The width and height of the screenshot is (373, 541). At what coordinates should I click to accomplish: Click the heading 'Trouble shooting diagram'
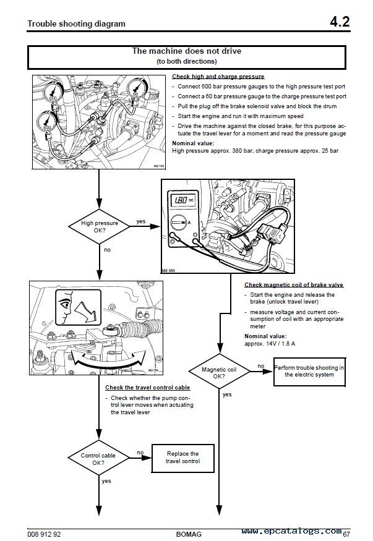tap(77, 24)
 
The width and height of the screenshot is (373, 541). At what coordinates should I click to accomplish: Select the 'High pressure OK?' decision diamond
tap(100, 227)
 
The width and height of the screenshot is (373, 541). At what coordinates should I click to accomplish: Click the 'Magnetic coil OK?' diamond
tap(218, 371)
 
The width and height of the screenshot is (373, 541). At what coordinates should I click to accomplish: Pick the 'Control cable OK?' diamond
tap(99, 458)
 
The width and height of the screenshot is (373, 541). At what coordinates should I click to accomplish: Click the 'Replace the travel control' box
tap(183, 458)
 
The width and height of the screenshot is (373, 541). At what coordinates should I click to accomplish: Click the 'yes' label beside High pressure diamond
tap(140, 221)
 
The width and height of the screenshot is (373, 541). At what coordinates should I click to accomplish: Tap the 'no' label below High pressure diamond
tap(107, 250)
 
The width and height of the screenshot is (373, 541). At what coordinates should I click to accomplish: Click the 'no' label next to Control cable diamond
tap(140, 452)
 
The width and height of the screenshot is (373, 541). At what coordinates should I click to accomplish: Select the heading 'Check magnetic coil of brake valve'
tap(294, 284)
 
